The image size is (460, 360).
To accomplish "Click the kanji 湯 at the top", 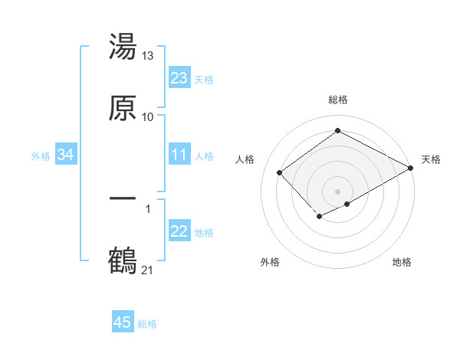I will coord(123,47).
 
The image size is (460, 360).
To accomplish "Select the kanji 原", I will coord(123,108).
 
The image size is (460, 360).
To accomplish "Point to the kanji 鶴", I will coord(123,260).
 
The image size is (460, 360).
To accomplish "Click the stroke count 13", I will coord(148,56).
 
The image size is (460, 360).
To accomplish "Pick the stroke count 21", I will coord(148,269).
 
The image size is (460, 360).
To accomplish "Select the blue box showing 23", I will coord(179,78).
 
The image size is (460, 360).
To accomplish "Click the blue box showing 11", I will coord(179,155).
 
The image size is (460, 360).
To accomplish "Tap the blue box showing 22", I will coord(179,231).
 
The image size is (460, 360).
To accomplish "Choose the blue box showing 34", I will coord(65,155).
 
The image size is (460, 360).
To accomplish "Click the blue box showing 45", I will coord(123,322).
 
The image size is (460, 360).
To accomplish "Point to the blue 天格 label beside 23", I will coord(204,79).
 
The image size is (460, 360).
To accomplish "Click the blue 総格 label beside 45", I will coord(147,324).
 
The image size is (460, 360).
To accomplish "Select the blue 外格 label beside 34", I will coord(41,155).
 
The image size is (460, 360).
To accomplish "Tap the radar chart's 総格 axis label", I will coord(338,100).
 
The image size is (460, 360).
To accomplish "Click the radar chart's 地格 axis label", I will coord(402,263).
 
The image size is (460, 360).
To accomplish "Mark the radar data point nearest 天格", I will coord(411,169).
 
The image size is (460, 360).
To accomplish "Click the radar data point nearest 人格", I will coord(280,172).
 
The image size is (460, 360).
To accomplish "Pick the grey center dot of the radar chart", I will coord(338,191).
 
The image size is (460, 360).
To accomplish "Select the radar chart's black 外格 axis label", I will coord(270,263).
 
